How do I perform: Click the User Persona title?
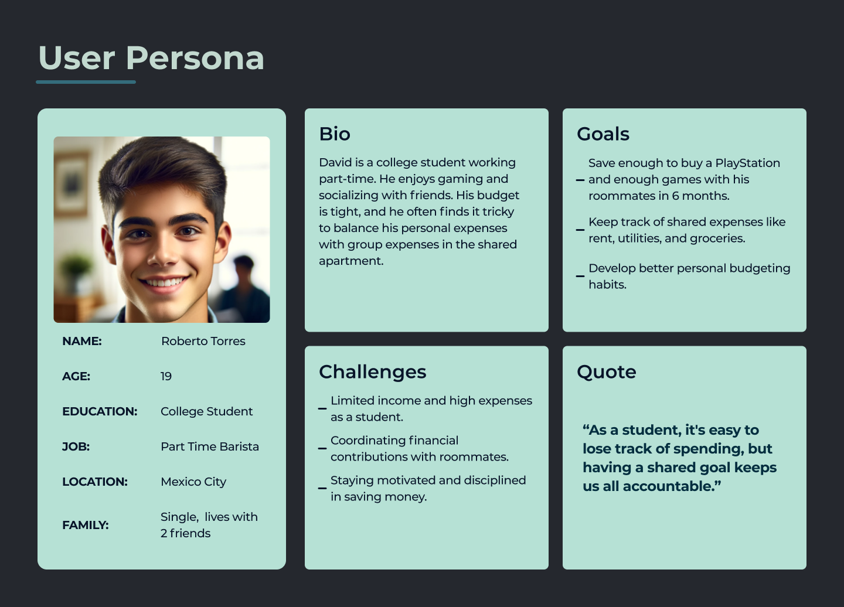coord(151,58)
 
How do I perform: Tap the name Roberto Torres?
coord(203,341)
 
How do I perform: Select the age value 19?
coord(166,376)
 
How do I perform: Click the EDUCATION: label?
coord(100,411)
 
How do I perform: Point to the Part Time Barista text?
coord(209,446)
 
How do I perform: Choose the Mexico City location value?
coord(193,482)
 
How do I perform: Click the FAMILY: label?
coord(86,525)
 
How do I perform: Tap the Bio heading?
coord(335,134)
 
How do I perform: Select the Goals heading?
coord(603,134)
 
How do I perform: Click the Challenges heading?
coord(372,372)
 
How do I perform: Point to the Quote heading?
coord(606,372)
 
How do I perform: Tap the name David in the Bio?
coord(331,162)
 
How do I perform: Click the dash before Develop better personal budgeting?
coord(580,276)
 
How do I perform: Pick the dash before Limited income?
coord(322,408)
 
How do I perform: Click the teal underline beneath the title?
coord(86,82)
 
